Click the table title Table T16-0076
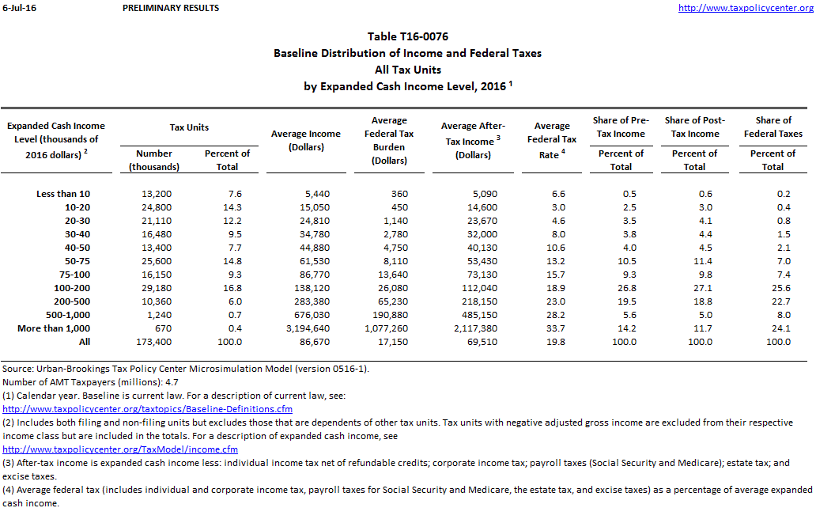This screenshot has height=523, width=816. (409, 36)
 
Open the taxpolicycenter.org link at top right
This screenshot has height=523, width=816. (746, 8)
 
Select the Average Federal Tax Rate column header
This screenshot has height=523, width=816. (552, 140)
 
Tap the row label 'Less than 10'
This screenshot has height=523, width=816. (63, 194)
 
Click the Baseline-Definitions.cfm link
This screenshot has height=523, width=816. (148, 409)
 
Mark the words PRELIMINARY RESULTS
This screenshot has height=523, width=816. (172, 8)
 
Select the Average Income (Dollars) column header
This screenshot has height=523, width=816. (306, 140)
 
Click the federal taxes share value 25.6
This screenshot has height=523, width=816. (778, 288)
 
